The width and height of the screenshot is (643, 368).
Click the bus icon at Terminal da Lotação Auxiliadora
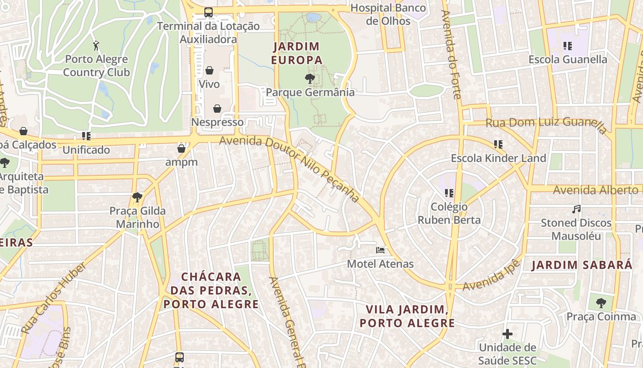209,12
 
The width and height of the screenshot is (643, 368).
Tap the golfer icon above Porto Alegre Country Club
96,46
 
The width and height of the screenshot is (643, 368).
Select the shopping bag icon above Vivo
209,70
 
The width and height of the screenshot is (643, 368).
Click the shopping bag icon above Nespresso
217,109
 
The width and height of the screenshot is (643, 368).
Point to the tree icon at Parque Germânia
310,79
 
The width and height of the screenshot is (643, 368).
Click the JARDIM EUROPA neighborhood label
297,53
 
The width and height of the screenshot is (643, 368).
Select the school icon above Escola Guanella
568,46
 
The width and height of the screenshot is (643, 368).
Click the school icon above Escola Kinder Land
498,144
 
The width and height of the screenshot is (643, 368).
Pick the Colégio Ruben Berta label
449,213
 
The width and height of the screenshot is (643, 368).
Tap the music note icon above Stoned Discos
576,209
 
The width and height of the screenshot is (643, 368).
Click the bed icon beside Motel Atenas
380,250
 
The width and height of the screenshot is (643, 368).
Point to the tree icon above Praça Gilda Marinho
137,197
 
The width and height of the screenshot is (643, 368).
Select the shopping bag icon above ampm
181,149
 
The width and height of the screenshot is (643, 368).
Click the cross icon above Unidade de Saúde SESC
508,334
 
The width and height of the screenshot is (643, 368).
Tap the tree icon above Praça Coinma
601,303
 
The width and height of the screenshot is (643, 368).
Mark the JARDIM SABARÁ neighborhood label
582,265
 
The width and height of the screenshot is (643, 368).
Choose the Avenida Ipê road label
491,275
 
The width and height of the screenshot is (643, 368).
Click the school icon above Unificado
86,136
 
